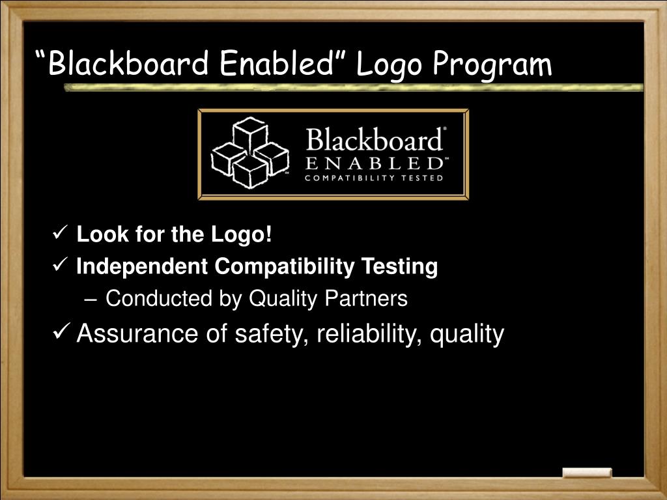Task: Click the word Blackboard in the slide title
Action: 128,64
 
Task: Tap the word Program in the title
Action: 492,64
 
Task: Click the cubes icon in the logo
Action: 249,154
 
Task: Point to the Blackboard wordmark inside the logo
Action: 375,140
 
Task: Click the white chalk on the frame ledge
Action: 587,473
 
